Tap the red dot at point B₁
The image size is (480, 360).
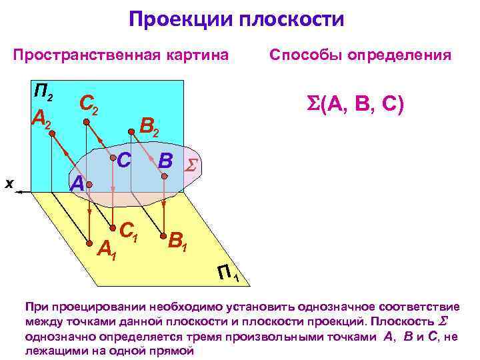tap(162, 234)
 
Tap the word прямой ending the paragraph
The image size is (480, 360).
tap(170, 350)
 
